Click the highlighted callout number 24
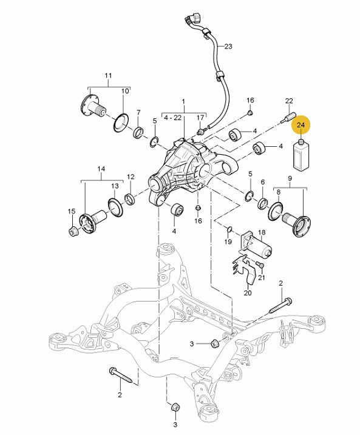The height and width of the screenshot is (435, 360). pos(301,125)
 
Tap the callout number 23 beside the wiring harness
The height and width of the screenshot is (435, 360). pos(228,46)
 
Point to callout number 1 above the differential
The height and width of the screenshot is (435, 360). pos(183,101)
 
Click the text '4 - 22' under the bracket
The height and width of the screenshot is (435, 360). pos(172,118)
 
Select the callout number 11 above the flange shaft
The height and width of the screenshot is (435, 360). pos(108,75)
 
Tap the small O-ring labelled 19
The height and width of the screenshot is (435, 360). pos(229,229)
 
